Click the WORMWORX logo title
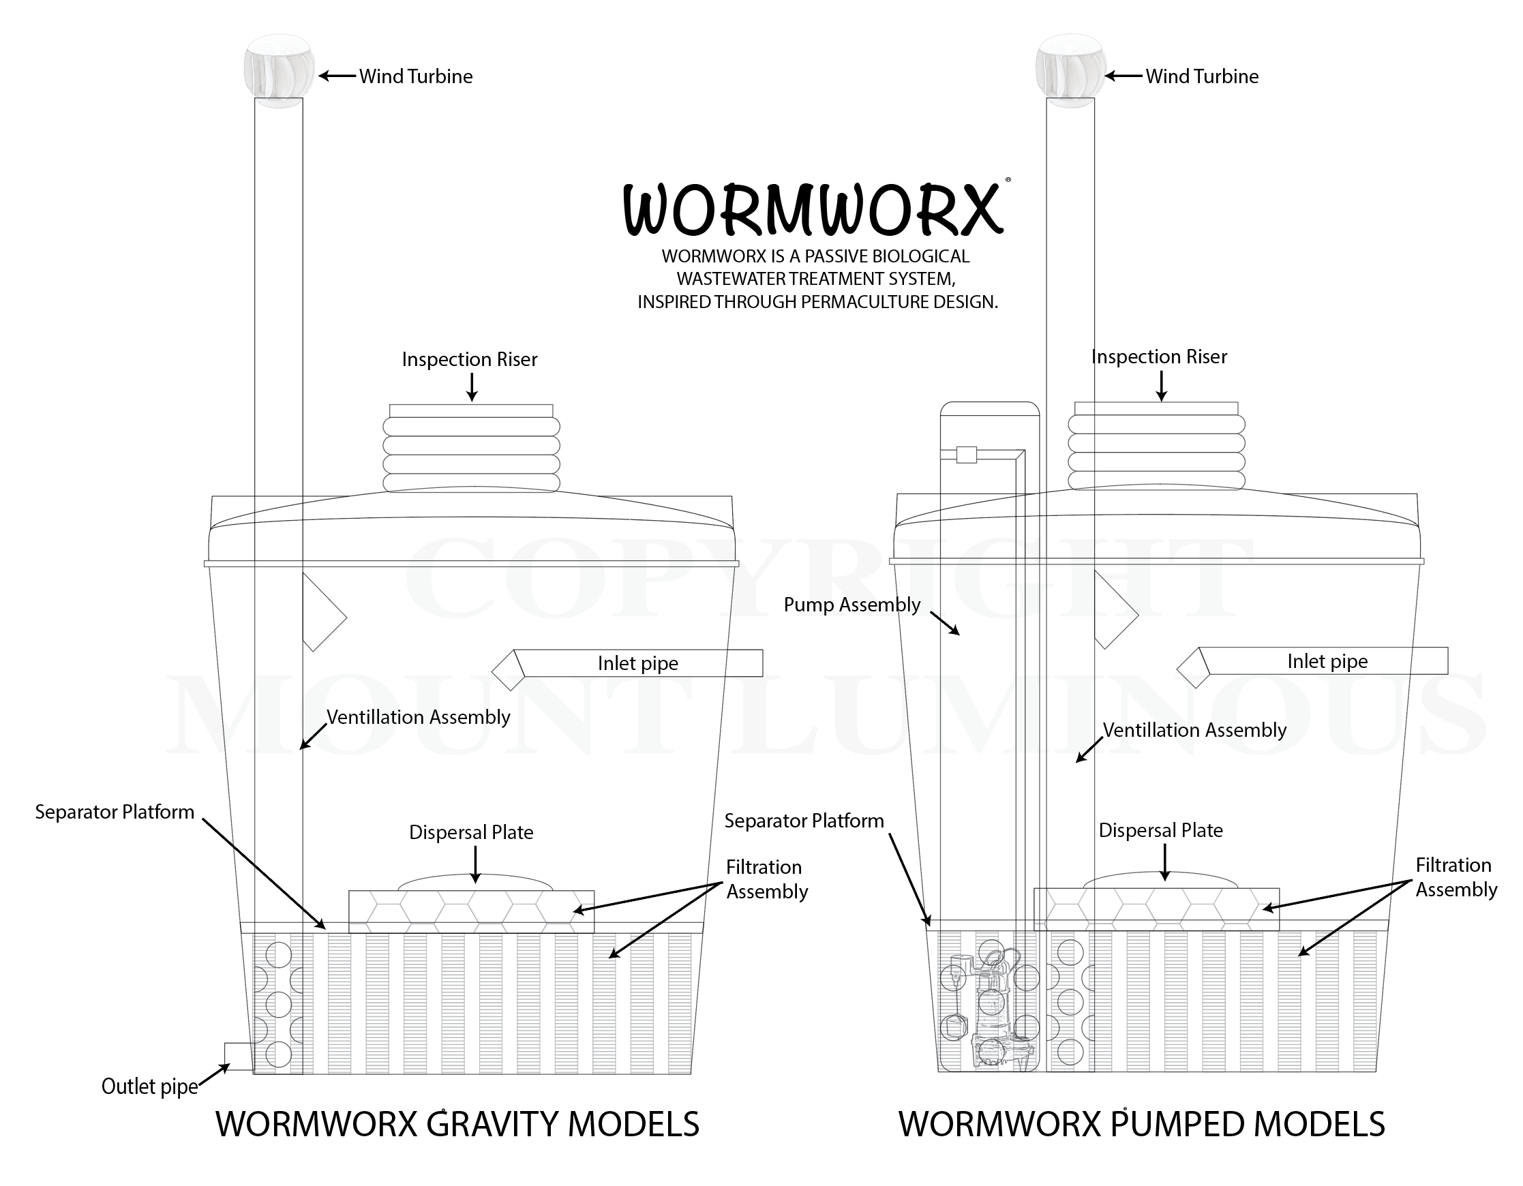pyautogui.click(x=814, y=209)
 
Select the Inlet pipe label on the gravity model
pyautogui.click(x=637, y=663)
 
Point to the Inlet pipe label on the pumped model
pyautogui.click(x=1327, y=661)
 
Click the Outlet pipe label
pyautogui.click(x=149, y=1086)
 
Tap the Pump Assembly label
pyautogui.click(x=851, y=605)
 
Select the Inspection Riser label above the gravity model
pyautogui.click(x=469, y=359)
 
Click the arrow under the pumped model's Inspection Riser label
pyautogui.click(x=1161, y=386)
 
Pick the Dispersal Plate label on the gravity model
pyautogui.click(x=470, y=832)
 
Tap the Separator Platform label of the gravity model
pyautogui.click(x=115, y=812)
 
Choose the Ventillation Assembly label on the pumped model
pyautogui.click(x=1194, y=730)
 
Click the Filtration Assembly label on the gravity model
pyautogui.click(x=766, y=879)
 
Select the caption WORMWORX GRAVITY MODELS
pyautogui.click(x=457, y=1124)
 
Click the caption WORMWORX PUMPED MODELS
pyautogui.click(x=1141, y=1124)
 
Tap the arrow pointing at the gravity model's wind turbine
pyautogui.click(x=337, y=75)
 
